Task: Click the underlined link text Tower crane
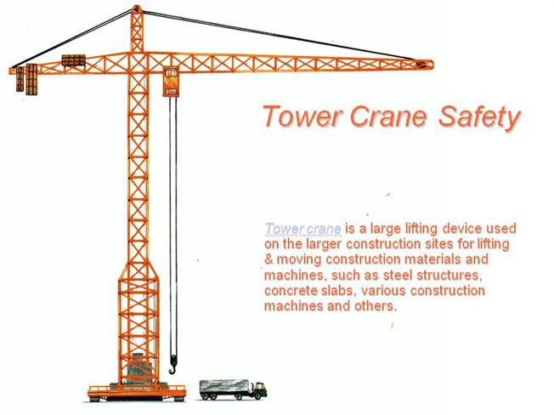click(303, 229)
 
